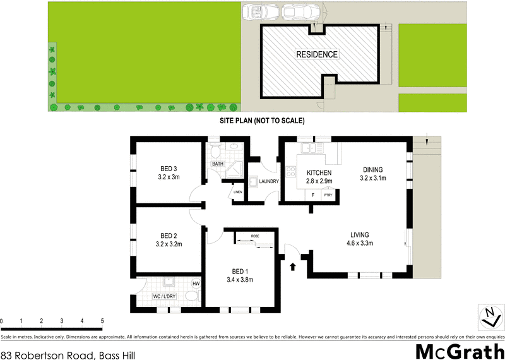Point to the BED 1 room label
coord(239,274)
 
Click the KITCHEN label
coord(319,173)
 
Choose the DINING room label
coord(373,169)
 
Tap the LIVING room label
coord(360,236)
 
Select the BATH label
coord(218,164)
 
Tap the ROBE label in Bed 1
coord(254,236)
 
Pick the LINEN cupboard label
coord(238,192)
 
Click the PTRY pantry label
coord(328,195)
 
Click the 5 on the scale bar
coord(102,321)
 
